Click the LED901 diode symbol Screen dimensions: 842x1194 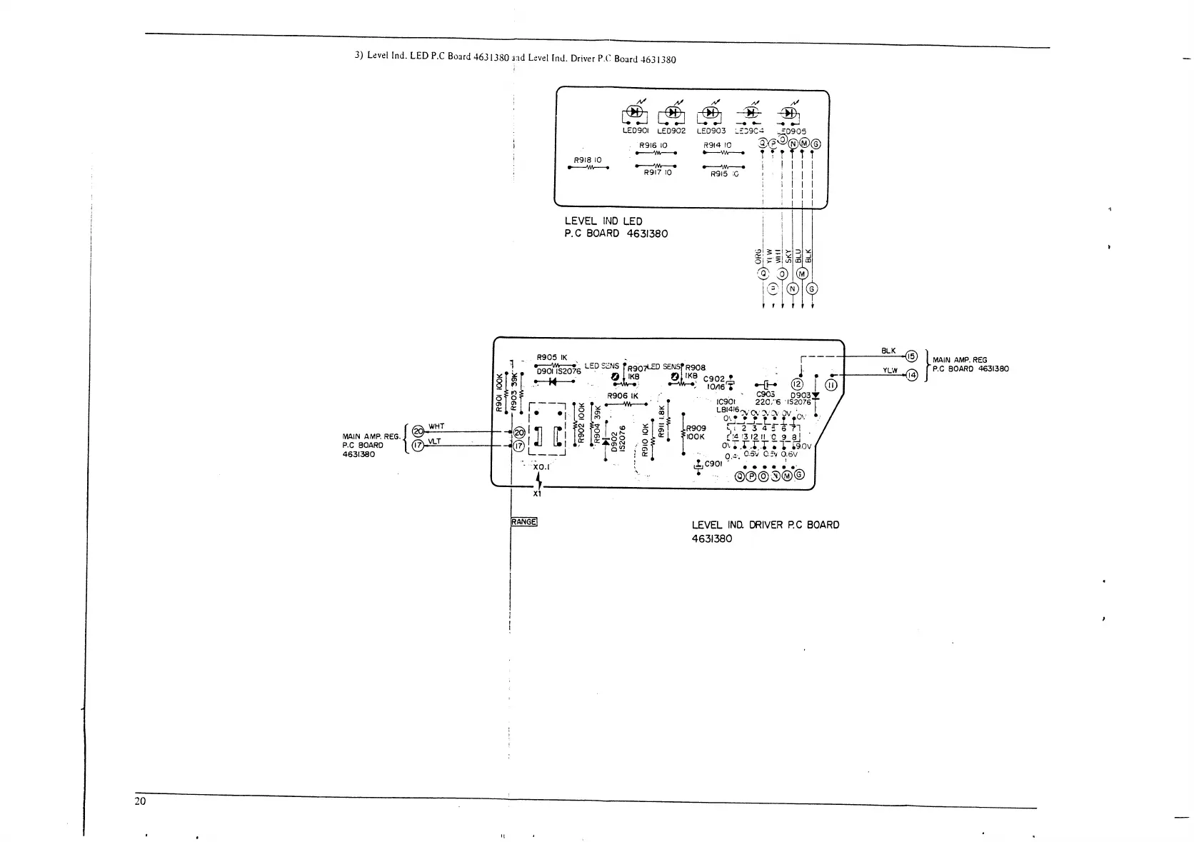click(x=634, y=112)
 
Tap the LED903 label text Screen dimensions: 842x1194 click(x=711, y=131)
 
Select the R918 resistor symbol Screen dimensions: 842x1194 click(x=588, y=169)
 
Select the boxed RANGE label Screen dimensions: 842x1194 click(x=524, y=521)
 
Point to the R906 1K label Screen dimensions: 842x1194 click(x=623, y=396)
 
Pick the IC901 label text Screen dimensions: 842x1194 click(x=726, y=401)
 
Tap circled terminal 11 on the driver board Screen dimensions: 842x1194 click(x=832, y=386)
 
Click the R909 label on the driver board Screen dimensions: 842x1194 click(x=696, y=428)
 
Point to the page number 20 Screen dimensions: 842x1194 click(x=141, y=801)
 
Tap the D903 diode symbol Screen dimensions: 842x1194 click(x=816, y=395)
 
